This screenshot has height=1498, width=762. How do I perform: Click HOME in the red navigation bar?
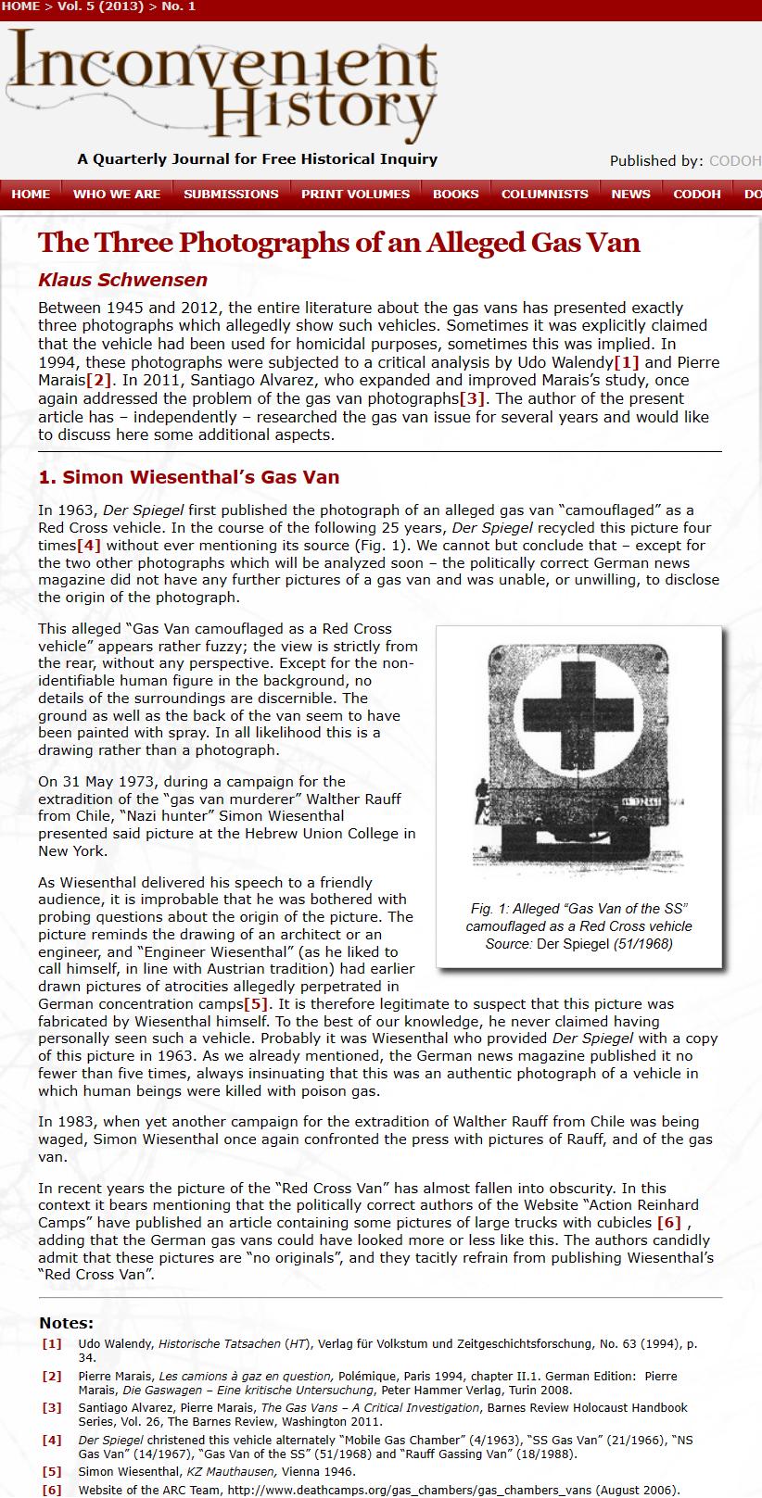click(x=31, y=194)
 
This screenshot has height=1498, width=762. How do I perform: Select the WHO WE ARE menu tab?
click(x=117, y=194)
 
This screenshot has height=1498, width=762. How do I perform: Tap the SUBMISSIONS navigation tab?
click(x=231, y=194)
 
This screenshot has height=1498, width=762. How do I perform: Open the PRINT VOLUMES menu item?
click(x=355, y=194)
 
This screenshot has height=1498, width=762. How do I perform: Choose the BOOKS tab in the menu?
click(x=456, y=194)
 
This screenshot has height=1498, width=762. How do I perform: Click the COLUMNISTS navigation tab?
click(x=545, y=194)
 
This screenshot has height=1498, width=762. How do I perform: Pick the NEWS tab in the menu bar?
click(x=630, y=194)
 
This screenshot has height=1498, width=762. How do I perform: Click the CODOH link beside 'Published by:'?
click(x=734, y=161)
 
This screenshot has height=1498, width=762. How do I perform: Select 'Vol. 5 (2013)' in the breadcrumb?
click(x=99, y=6)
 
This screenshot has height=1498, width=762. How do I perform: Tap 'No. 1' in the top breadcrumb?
click(x=178, y=6)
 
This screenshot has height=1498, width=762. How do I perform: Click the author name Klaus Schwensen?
click(x=122, y=280)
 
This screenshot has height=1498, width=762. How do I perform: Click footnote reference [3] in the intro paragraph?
click(x=472, y=398)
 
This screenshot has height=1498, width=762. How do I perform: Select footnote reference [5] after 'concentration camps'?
click(x=256, y=1004)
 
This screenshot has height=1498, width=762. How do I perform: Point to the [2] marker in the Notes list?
click(x=52, y=1376)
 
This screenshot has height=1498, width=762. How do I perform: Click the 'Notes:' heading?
click(x=66, y=1323)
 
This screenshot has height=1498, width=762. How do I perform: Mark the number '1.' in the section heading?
click(x=47, y=477)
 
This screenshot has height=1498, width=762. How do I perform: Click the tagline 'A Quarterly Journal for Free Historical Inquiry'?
click(x=258, y=158)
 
